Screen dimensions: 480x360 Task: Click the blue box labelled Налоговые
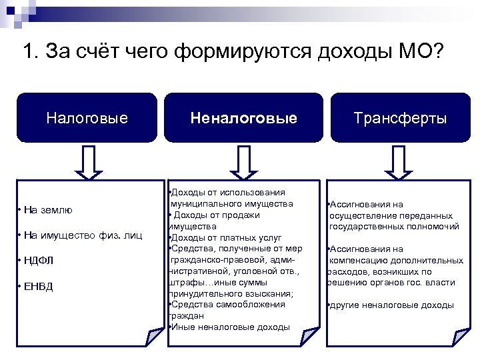87,118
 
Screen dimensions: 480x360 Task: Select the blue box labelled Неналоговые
243,118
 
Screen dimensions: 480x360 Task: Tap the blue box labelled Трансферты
400,118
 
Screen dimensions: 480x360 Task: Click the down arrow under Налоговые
87,162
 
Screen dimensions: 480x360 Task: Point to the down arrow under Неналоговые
243,162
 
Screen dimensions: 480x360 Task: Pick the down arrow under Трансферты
400,162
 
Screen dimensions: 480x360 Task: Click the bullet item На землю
47,210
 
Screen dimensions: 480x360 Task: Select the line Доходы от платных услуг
227,237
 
